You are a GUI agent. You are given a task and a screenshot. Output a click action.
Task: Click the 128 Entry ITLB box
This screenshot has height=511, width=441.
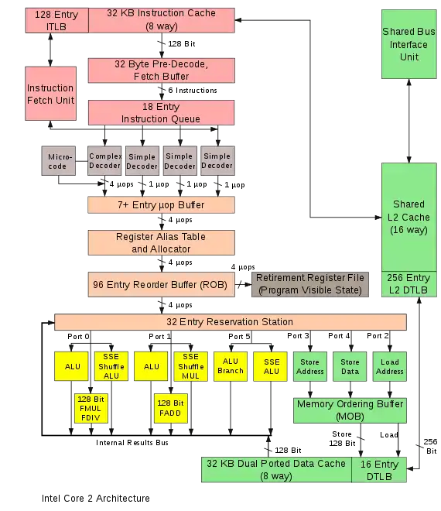pyautogui.click(x=56, y=21)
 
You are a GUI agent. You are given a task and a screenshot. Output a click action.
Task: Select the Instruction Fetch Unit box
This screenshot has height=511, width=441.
pyautogui.click(x=50, y=94)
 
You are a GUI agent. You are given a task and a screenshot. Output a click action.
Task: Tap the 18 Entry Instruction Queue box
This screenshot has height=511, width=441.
pyautogui.click(x=161, y=113)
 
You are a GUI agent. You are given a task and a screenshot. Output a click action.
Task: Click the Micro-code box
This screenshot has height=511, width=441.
pyautogui.click(x=58, y=161)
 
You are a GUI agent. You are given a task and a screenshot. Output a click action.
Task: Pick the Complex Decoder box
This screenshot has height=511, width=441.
pyautogui.click(x=104, y=161)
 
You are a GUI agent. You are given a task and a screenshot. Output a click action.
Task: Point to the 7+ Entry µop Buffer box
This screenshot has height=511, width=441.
pyautogui.click(x=161, y=205)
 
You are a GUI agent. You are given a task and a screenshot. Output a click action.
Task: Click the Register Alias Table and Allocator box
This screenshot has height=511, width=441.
pyautogui.click(x=161, y=243)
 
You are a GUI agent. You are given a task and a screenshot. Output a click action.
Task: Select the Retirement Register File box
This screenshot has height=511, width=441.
pyautogui.click(x=310, y=284)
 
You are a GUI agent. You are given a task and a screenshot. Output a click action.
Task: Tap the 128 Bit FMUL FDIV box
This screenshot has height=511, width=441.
pyautogui.click(x=91, y=408)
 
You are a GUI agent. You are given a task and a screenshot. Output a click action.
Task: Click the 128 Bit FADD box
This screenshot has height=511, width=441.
pyautogui.click(x=171, y=408)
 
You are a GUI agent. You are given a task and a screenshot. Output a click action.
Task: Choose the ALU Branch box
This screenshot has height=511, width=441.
pyautogui.click(x=231, y=366)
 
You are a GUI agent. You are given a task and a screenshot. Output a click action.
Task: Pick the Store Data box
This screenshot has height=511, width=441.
pyautogui.click(x=350, y=366)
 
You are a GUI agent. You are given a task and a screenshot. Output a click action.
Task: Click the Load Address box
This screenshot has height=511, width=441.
pyautogui.click(x=389, y=366)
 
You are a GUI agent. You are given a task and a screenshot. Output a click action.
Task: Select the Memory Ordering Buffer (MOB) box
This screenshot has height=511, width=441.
pyautogui.click(x=350, y=410)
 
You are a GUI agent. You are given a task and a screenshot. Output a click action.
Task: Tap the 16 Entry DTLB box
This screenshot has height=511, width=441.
pyautogui.click(x=379, y=470)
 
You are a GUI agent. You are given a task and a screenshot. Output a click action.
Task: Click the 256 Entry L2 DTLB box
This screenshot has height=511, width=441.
pyautogui.click(x=409, y=284)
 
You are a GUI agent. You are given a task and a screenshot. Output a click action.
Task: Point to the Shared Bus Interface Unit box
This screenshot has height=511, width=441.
pyautogui.click(x=409, y=44)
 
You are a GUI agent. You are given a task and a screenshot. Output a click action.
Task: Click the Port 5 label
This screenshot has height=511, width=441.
pyautogui.click(x=239, y=337)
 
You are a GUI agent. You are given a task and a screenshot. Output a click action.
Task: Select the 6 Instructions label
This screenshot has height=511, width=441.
pyautogui.click(x=193, y=91)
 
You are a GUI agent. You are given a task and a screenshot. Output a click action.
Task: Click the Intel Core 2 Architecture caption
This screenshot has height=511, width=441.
pyautogui.click(x=96, y=499)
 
